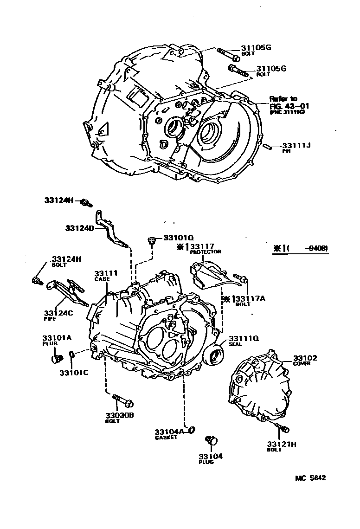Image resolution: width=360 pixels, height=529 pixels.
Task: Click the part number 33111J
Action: point(296,146)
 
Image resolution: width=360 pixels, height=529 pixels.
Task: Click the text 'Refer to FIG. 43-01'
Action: point(289,103)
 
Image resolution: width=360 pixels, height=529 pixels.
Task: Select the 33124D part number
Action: point(79,228)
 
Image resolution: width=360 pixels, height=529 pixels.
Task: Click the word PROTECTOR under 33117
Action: point(205,252)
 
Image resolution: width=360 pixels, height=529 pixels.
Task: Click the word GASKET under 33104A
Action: point(166,438)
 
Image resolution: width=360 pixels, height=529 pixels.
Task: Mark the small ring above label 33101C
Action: point(72,355)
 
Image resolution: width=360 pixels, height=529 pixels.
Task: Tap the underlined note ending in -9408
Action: point(301,249)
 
